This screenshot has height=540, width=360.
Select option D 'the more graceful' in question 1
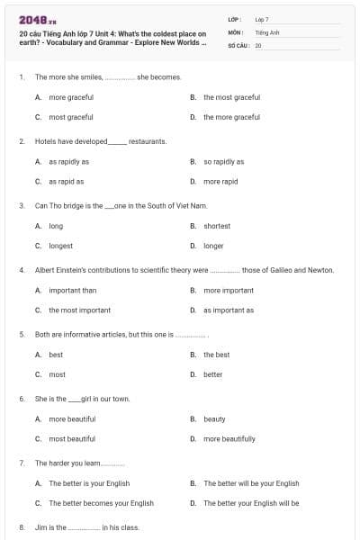[231, 117]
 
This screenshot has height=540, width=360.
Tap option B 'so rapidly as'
[223, 162]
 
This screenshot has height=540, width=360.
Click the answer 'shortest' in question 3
[217, 226]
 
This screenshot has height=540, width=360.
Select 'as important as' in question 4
[229, 310]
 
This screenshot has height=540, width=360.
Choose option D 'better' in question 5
[212, 374]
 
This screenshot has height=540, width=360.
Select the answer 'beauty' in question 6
[214, 419]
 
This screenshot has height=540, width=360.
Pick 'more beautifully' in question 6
[229, 439]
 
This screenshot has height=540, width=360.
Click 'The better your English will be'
[251, 503]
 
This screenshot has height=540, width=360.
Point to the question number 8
[22, 527]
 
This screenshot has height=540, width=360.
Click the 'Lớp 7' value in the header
[262, 19]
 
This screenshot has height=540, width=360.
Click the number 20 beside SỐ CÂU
[258, 44]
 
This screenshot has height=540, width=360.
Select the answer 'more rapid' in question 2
[220, 181]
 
